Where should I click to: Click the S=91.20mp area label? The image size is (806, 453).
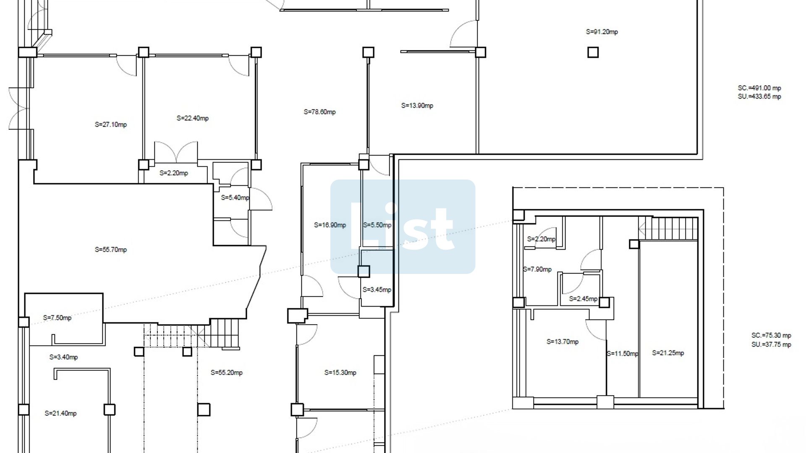(x=602, y=32)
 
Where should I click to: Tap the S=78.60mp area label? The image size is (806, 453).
(x=320, y=112)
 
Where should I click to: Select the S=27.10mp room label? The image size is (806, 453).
(x=111, y=125)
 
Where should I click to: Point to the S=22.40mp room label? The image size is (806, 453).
(x=193, y=118)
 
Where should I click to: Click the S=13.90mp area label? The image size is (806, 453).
(x=417, y=106)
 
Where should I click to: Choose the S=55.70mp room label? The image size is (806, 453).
(x=111, y=250)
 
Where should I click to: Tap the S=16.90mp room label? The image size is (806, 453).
(x=330, y=225)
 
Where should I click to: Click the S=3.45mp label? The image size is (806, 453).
(x=377, y=290)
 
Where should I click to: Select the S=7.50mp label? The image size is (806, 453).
(x=57, y=318)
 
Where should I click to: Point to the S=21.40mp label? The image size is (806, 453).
(x=61, y=414)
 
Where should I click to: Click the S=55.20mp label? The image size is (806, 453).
(x=227, y=372)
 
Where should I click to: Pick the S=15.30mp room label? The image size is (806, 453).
(x=340, y=372)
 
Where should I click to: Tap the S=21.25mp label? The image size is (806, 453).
(x=668, y=353)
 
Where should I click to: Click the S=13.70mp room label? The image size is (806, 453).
(x=563, y=342)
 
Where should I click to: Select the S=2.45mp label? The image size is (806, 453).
(x=583, y=299)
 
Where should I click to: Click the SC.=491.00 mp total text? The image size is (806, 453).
(x=759, y=88)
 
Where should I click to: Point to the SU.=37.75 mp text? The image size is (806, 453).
(x=771, y=345)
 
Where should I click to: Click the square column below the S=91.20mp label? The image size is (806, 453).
(x=593, y=52)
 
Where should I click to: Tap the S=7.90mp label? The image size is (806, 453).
(x=537, y=269)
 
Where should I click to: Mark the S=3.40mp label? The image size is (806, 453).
(x=64, y=357)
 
